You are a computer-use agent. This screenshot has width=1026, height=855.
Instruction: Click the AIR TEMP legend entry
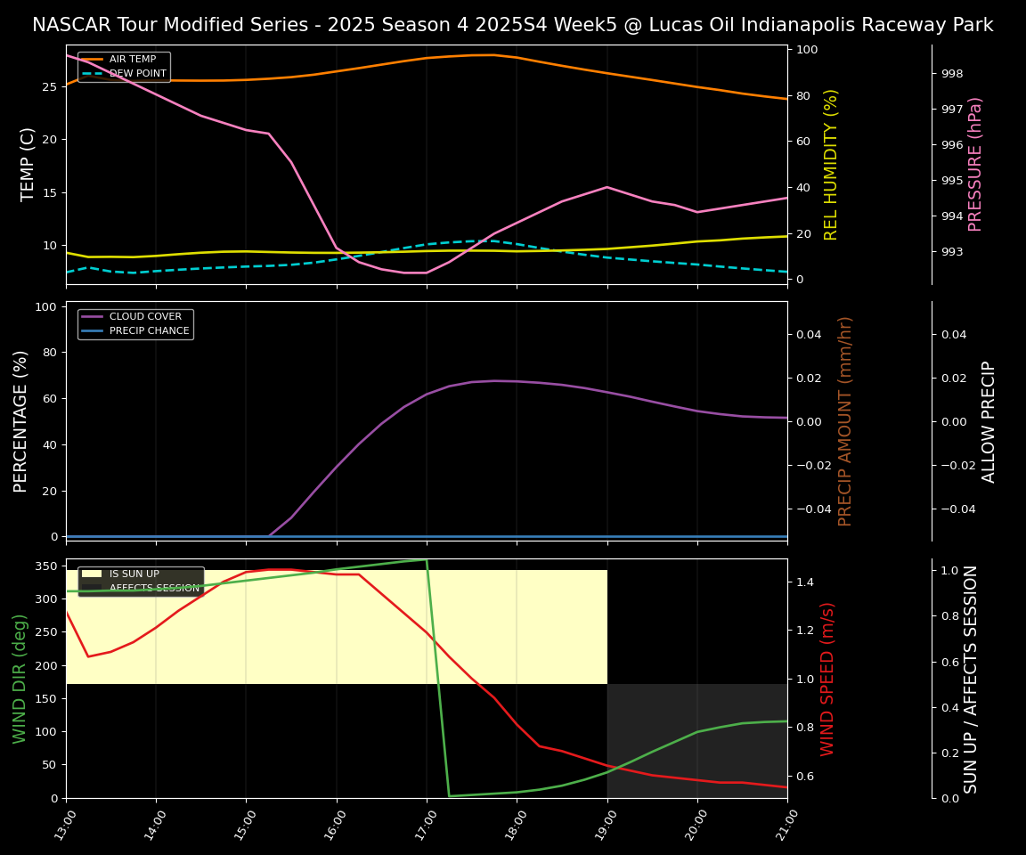point(132,60)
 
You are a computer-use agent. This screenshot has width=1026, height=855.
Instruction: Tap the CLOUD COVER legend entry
point(145,317)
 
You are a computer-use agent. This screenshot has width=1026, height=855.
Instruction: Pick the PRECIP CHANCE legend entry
point(149,331)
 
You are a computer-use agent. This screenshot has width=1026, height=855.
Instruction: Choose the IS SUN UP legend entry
point(134,574)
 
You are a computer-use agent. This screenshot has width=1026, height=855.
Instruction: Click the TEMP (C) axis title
point(28,164)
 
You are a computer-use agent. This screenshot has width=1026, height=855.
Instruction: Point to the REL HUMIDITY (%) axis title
point(832,164)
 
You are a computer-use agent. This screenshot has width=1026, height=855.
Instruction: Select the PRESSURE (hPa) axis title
point(975,164)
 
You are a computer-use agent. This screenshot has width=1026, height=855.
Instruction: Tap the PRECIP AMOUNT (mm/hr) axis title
point(845,420)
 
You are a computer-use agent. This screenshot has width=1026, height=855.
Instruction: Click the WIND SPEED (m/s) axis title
point(828,679)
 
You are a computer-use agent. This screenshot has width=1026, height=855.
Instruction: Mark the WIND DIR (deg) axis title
point(20,679)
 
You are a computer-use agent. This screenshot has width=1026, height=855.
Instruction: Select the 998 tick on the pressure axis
point(953,74)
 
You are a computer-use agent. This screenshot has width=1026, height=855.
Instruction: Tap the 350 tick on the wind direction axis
point(48,566)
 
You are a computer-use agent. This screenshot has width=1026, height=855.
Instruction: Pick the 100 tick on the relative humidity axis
point(807,50)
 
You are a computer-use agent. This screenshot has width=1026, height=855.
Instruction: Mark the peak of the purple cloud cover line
point(495,381)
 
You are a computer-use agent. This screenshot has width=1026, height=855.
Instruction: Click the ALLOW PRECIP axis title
point(989,420)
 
